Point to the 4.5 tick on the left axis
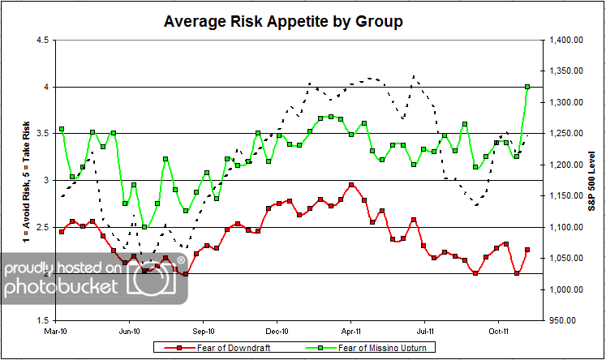(x=44, y=40)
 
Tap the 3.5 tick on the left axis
(x=44, y=134)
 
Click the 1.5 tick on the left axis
(x=44, y=321)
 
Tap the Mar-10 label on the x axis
(x=55, y=331)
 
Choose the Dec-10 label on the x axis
(x=278, y=331)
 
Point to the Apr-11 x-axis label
(x=352, y=331)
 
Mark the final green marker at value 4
(x=528, y=87)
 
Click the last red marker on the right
(x=528, y=250)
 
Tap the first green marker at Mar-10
(x=62, y=129)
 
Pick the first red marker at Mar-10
(x=62, y=232)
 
